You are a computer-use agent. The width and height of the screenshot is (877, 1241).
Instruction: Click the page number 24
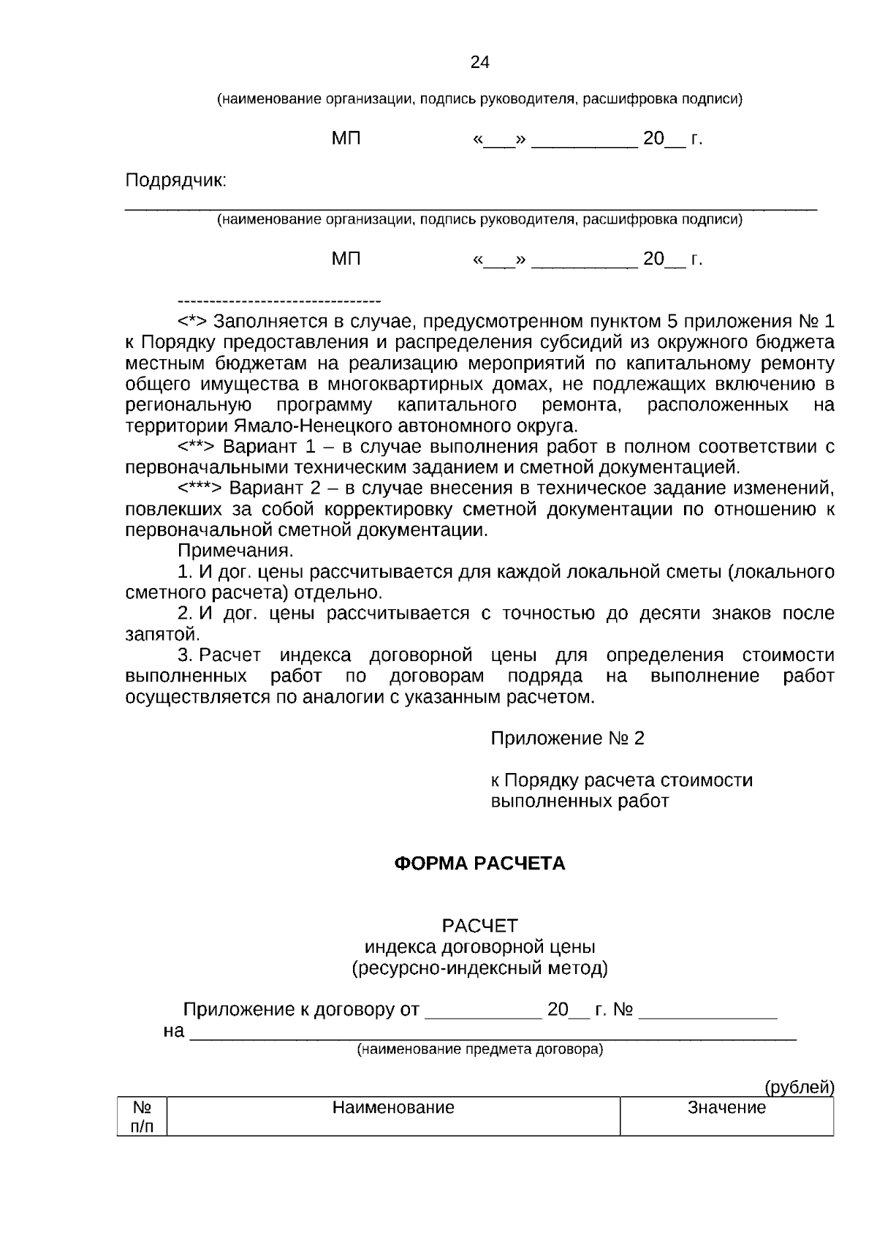click(x=479, y=62)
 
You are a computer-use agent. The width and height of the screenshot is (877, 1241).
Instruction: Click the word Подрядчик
click(x=175, y=181)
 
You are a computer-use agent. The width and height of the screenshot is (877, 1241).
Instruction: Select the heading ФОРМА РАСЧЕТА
click(x=479, y=864)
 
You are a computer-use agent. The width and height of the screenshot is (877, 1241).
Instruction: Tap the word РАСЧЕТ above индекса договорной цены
click(x=479, y=926)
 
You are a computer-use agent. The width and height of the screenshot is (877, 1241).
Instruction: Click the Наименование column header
click(x=393, y=1107)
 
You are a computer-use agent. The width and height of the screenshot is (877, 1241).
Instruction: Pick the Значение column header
click(x=726, y=1107)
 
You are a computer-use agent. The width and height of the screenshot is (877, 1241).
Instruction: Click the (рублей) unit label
click(x=799, y=1087)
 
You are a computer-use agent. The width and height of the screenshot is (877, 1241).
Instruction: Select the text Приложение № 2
click(x=567, y=739)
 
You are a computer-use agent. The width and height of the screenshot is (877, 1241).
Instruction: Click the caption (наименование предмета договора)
click(x=479, y=1050)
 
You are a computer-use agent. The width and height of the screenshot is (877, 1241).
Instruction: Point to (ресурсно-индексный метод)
click(x=479, y=968)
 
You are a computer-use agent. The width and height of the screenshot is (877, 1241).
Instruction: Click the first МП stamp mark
click(x=346, y=139)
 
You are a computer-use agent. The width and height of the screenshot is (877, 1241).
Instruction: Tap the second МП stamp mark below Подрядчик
click(x=346, y=259)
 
